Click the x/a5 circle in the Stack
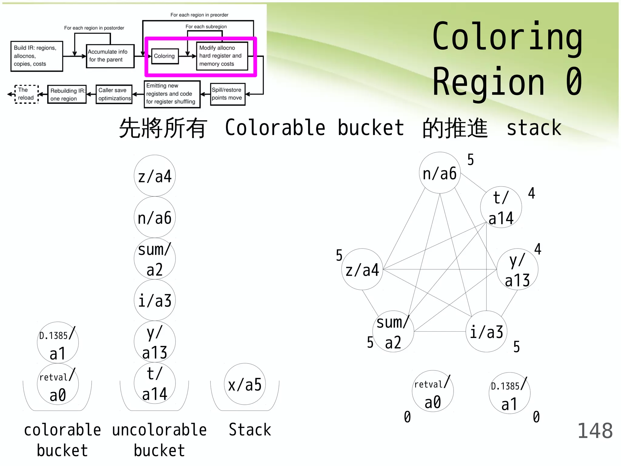tap(245, 384)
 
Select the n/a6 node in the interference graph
tap(440, 173)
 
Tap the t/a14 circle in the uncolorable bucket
tap(155, 383)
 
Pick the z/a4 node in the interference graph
tap(362, 269)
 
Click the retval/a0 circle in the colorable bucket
tap(58, 384)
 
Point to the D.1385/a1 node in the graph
tap(509, 393)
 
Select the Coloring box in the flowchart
tap(165, 56)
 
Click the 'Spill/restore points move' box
tap(227, 94)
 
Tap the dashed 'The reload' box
tap(26, 94)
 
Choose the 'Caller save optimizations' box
tap(114, 94)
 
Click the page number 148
tap(595, 431)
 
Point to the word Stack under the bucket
tap(250, 430)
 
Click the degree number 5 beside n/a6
tap(470, 160)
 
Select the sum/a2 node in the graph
tap(393, 331)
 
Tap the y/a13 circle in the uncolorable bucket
tap(155, 342)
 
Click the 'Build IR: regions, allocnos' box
tap(37, 56)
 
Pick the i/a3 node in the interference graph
tap(486, 331)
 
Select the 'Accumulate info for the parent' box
tap(110, 56)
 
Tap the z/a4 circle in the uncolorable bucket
tap(155, 176)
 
